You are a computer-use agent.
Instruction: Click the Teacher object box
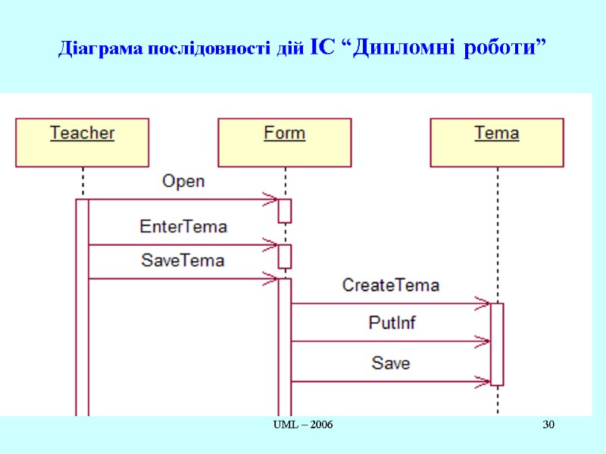pyautogui.click(x=82, y=142)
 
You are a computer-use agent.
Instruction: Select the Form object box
pyautogui.click(x=284, y=142)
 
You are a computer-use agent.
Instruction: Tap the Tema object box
pyautogui.click(x=497, y=142)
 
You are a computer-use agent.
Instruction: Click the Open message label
pyautogui.click(x=183, y=182)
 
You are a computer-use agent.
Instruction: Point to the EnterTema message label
pyautogui.click(x=183, y=226)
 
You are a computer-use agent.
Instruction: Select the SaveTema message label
pyautogui.click(x=183, y=260)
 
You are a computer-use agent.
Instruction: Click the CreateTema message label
pyautogui.click(x=391, y=285)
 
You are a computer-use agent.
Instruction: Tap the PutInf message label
pyautogui.click(x=392, y=322)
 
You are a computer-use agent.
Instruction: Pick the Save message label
pyautogui.click(x=391, y=363)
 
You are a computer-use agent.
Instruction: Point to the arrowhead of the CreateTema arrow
pyautogui.click(x=483, y=303)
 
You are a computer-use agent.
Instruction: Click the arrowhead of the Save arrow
pyautogui.click(x=483, y=381)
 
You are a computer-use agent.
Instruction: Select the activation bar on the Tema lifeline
pyautogui.click(x=497, y=344)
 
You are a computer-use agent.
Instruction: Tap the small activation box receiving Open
pyautogui.click(x=285, y=210)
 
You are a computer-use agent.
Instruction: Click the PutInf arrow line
pyautogui.click(x=379, y=341)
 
